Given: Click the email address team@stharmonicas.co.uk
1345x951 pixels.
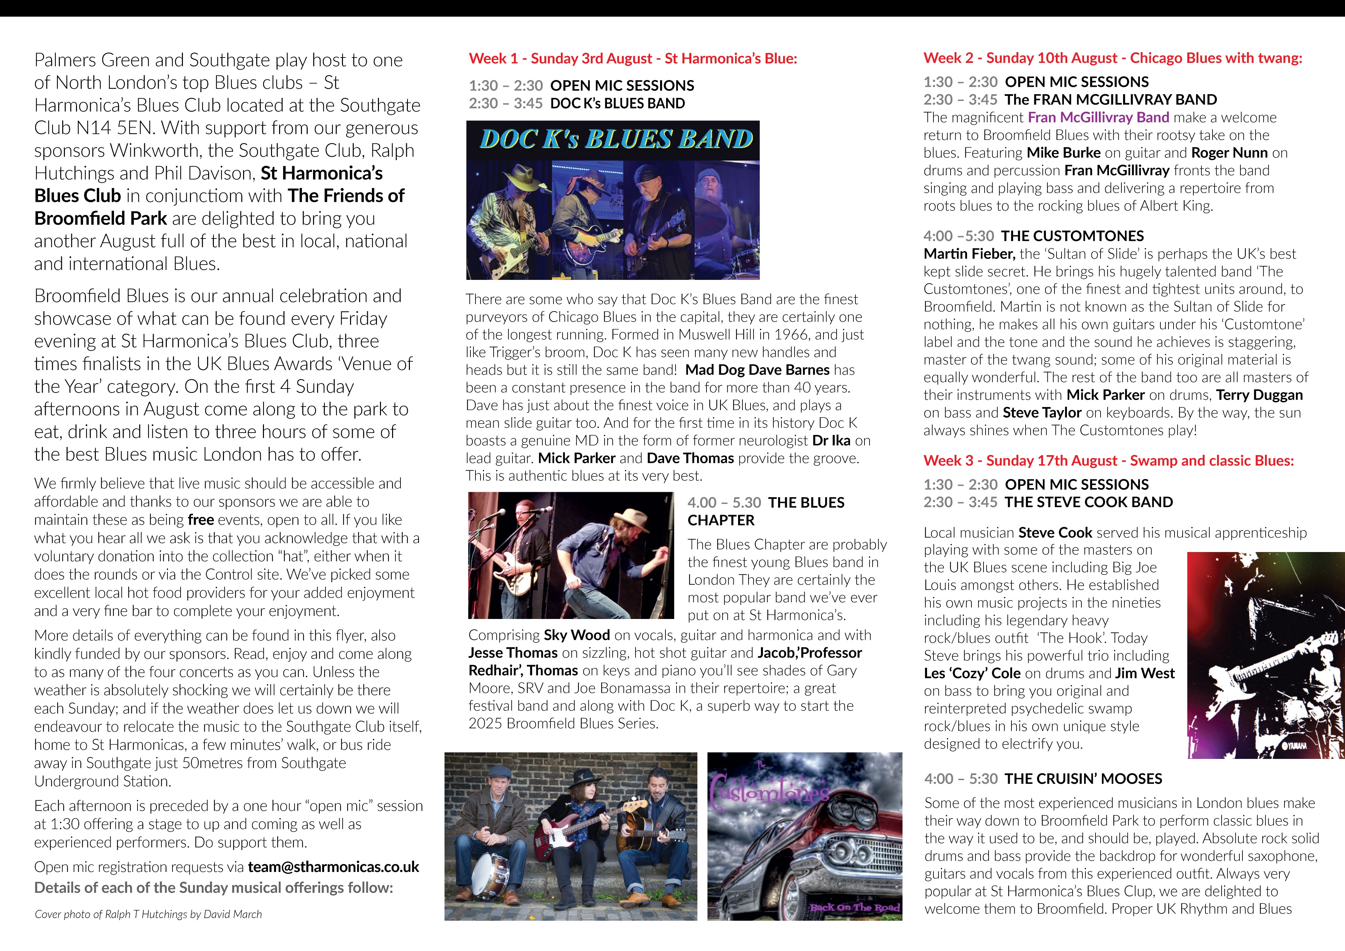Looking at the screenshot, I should pyautogui.click(x=333, y=867).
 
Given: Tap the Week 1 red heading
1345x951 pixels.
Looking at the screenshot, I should pyautogui.click(x=633, y=59).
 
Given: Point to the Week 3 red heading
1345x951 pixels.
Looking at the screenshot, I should pyautogui.click(x=1108, y=461).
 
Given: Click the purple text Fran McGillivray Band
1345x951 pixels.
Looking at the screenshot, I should pyautogui.click(x=1099, y=117).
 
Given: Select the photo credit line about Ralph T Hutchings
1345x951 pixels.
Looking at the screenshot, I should pyautogui.click(x=148, y=914).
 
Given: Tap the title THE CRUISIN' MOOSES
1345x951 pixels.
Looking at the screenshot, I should pyautogui.click(x=1083, y=779).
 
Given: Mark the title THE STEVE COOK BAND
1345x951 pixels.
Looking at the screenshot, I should pyautogui.click(x=1088, y=502).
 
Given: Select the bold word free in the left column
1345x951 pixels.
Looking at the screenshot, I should pyautogui.click(x=200, y=520).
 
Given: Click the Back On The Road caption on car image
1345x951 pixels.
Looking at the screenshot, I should pyautogui.click(x=855, y=908).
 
